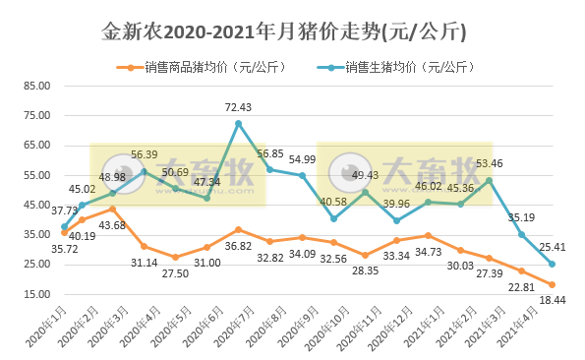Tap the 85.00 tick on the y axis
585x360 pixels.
coord(36,86)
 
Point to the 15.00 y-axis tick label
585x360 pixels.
coord(36,294)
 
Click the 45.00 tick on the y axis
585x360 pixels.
coord(36,205)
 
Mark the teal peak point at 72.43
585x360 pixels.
coord(238,123)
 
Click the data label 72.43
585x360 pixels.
coord(239,106)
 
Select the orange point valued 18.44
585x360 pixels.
coord(553,283)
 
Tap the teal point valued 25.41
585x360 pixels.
coord(553,264)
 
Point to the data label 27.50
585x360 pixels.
coord(175,271)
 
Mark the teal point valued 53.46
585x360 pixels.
coord(490,180)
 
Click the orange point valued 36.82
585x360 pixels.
coord(238,229)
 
